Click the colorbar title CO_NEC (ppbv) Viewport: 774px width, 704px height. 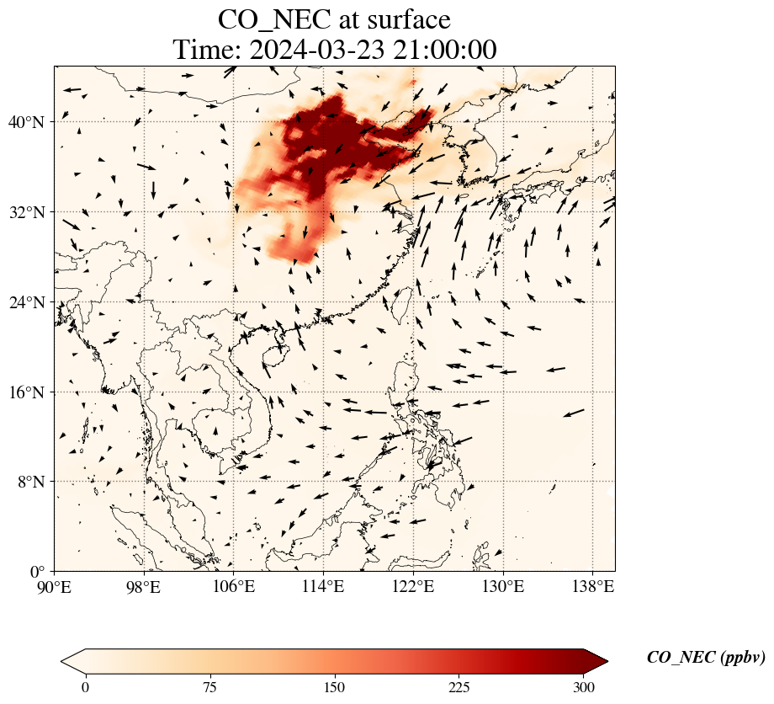click(706, 658)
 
